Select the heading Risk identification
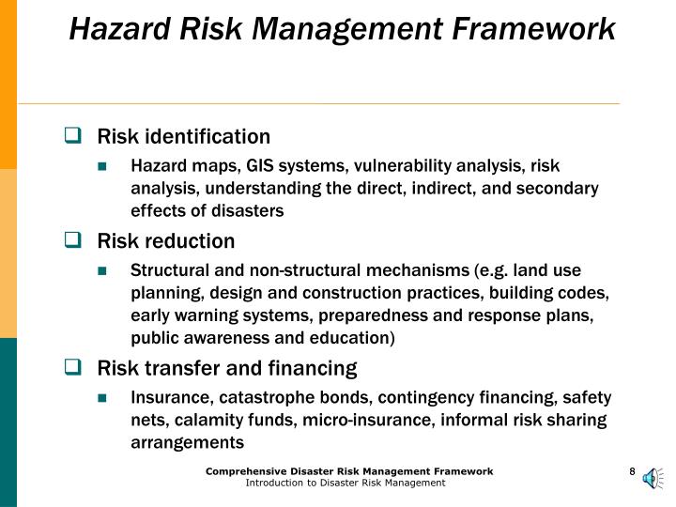(x=184, y=137)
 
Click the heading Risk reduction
(x=166, y=241)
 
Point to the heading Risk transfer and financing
(x=227, y=367)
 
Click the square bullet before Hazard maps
(x=112, y=166)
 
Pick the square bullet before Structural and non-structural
(x=112, y=271)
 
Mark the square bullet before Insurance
(x=112, y=397)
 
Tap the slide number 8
(x=633, y=471)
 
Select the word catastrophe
(x=247, y=396)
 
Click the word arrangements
(x=187, y=441)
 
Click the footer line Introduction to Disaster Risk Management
(x=345, y=483)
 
